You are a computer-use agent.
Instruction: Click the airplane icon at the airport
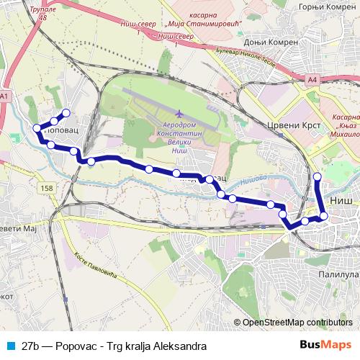(179, 113)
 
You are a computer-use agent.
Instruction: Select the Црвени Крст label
(288, 124)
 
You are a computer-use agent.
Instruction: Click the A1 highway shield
(6, 96)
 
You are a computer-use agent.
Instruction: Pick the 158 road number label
(48, 188)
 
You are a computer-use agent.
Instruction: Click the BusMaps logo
(330, 346)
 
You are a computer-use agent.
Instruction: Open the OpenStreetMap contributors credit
(297, 322)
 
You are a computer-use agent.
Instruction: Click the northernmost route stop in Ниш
(318, 176)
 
